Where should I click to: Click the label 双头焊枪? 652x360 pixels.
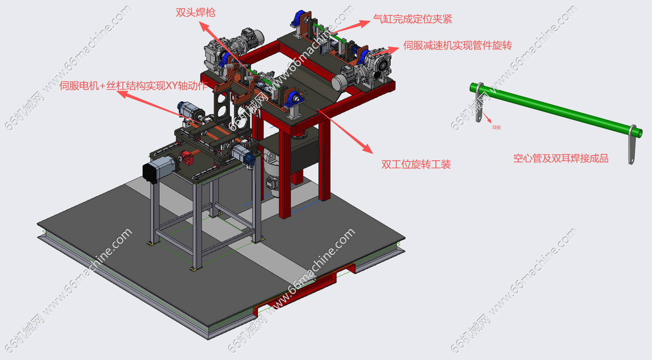[x=195, y=13]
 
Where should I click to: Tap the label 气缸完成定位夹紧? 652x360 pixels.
[x=412, y=19]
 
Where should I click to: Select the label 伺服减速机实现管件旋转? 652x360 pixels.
[x=457, y=45]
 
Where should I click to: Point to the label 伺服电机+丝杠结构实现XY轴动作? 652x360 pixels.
[x=133, y=86]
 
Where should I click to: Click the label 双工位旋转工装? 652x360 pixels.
[x=416, y=164]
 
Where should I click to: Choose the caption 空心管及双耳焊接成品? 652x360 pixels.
[x=561, y=158]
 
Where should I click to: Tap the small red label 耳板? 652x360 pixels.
[x=496, y=127]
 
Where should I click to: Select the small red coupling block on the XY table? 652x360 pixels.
[x=187, y=158]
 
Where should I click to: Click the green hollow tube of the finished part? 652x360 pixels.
[x=556, y=109]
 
